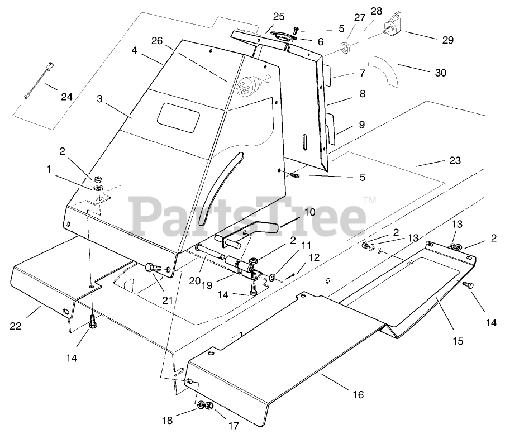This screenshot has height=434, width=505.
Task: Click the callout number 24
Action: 66,97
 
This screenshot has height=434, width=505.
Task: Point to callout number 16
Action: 358,394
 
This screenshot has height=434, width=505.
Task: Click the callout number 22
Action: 15,326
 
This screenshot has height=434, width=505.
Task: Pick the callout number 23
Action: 455,161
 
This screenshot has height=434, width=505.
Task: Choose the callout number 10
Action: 309,212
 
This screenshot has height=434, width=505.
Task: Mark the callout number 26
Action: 157,41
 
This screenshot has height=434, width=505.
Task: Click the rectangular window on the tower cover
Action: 178,116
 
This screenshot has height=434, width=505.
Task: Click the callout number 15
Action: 458,341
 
